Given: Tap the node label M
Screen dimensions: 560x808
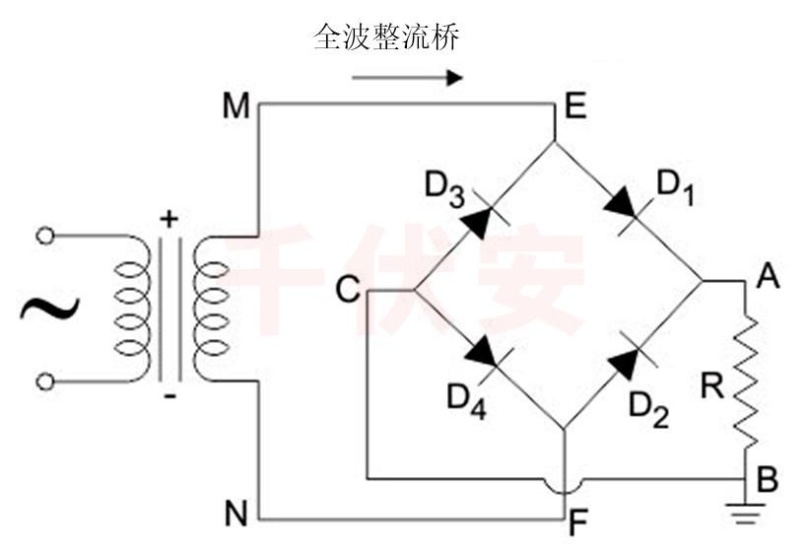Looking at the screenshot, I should click(x=235, y=105).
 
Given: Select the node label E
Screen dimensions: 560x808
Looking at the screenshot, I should click(x=575, y=105).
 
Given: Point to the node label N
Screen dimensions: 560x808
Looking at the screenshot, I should click(x=236, y=513).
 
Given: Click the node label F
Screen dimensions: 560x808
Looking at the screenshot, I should click(x=578, y=525).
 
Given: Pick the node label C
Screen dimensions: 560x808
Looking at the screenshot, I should click(x=346, y=289).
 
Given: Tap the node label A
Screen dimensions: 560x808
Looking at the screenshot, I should click(x=768, y=277).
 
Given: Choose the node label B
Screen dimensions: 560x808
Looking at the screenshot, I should click(x=768, y=480).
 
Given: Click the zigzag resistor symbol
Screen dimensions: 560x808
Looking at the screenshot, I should click(x=746, y=380).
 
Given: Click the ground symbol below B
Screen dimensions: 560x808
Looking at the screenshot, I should click(x=745, y=509).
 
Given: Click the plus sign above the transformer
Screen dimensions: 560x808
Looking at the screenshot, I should click(x=169, y=219).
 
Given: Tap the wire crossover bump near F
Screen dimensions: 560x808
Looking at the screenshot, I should click(x=565, y=486).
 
